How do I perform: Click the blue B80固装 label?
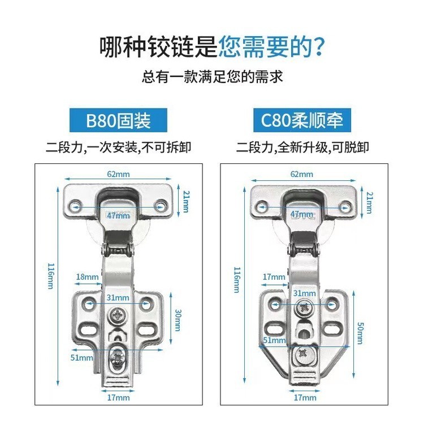click(118, 120)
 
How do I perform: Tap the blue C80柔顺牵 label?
click(302, 120)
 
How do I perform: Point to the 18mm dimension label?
click(86, 276)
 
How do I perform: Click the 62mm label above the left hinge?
click(118, 174)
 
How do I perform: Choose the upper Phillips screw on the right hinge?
click(304, 309)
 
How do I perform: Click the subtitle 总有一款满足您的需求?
click(212, 76)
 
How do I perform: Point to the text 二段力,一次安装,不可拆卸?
click(118, 148)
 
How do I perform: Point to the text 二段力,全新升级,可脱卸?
click(302, 148)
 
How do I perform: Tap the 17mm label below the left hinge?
click(119, 397)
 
